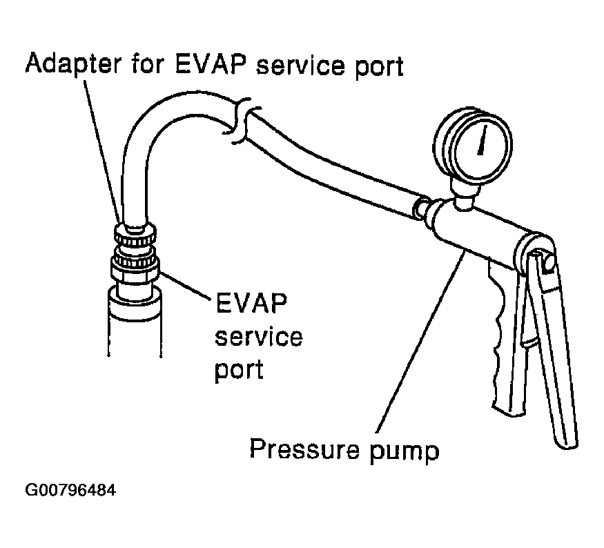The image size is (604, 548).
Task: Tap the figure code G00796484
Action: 70,491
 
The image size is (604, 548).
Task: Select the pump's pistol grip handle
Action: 503,345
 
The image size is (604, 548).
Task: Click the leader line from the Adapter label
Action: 104,152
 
